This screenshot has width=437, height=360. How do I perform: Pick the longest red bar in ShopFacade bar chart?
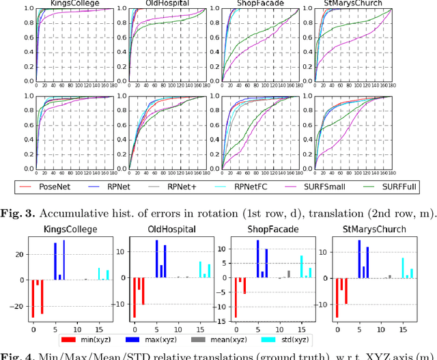pos(236,298)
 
